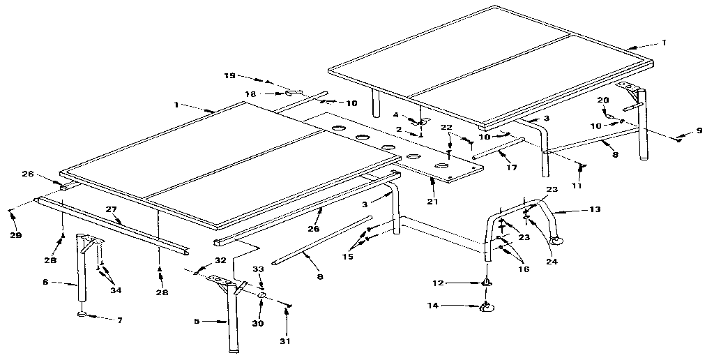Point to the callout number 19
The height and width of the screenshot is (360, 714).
coord(229,76)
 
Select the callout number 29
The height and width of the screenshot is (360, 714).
coord(16,235)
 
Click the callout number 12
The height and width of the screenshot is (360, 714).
coord(438,283)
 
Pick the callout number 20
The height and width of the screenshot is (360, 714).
coord(603,100)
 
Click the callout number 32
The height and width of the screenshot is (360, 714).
coord(220,260)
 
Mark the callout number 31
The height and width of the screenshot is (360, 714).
coord(285,340)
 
